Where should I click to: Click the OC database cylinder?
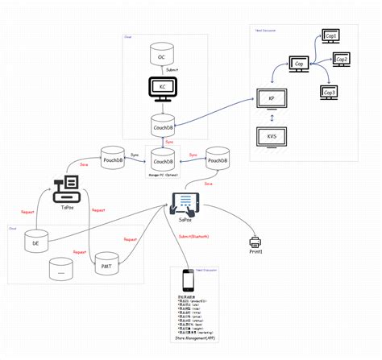tap(161, 55)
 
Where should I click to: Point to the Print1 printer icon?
tap(256, 242)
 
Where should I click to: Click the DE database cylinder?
tap(35, 239)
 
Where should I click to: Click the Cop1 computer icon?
tap(330, 37)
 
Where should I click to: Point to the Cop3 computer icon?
tap(329, 91)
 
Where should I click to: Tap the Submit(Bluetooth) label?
tap(193, 236)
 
